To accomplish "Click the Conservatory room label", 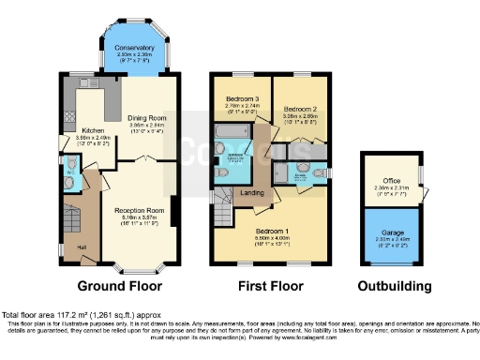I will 136,47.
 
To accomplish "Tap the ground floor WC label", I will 72,171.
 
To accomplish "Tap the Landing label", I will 252,193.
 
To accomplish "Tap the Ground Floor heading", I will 119,286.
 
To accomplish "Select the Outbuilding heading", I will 394,286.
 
